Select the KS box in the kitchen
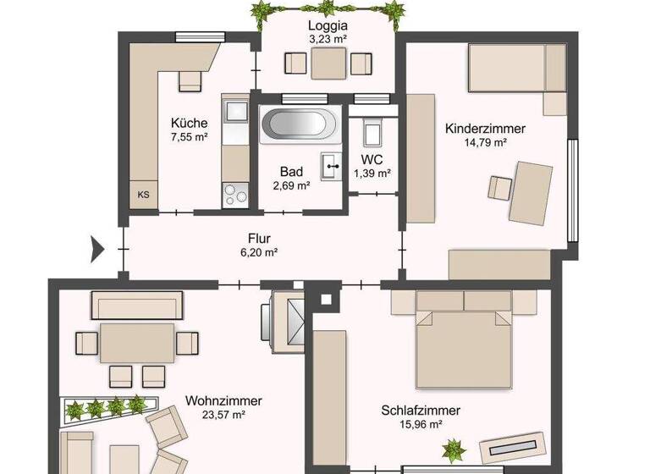pyautogui.click(x=143, y=194)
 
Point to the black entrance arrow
pyautogui.click(x=97, y=249)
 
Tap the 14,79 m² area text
pyautogui.click(x=486, y=143)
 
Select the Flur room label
pyautogui.click(x=259, y=238)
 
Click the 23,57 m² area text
pyautogui.click(x=225, y=415)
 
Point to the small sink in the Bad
pyautogui.click(x=330, y=163)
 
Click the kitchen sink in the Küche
pyautogui.click(x=234, y=111)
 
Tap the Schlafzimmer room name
pyautogui.click(x=421, y=411)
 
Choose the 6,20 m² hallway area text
pyautogui.click(x=259, y=252)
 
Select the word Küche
pyautogui.click(x=188, y=122)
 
